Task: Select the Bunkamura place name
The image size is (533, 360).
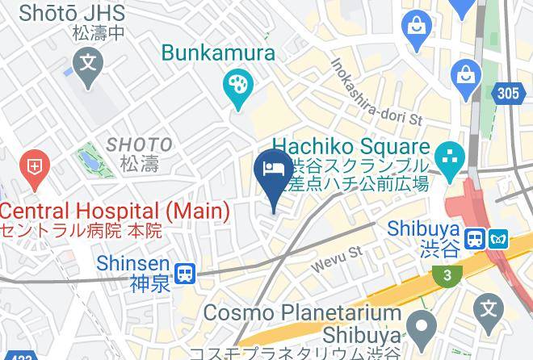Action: [x=218, y=53]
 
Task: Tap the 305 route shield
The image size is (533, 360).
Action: [x=507, y=94]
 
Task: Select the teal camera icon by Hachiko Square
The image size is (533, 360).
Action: [x=448, y=153]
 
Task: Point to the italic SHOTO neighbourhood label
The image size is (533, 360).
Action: [x=139, y=144]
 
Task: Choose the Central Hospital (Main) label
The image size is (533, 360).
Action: [x=115, y=211]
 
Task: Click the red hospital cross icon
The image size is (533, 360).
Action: [x=35, y=167]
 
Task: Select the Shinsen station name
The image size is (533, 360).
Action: [x=132, y=264]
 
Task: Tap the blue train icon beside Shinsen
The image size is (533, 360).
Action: [x=187, y=273]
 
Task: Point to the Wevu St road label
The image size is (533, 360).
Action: [x=338, y=258]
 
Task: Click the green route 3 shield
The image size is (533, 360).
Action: [x=447, y=276]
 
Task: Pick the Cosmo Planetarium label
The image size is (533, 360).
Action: [x=302, y=313]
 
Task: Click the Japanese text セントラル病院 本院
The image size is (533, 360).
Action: [x=81, y=230]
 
